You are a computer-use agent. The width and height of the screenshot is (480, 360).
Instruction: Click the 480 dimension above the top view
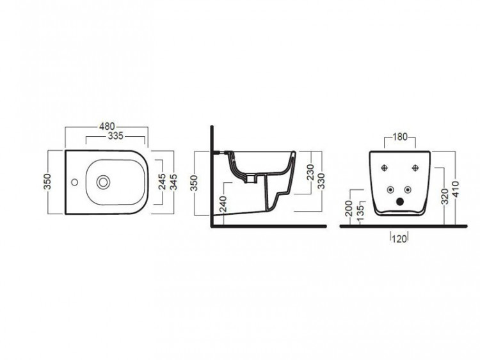point(107,126)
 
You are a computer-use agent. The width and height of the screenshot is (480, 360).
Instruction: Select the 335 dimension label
point(115,136)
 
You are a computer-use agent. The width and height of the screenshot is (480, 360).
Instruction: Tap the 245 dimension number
point(162,182)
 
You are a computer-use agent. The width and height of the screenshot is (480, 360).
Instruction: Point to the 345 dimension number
point(173,182)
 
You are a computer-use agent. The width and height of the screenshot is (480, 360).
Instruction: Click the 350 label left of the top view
point(47,182)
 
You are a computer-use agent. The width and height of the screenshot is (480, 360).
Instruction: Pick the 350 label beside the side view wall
point(195,183)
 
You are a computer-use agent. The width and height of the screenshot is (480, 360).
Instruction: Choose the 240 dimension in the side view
point(224,204)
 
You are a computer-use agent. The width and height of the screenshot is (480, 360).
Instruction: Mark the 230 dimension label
point(310,172)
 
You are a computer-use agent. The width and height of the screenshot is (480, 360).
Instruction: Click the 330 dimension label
point(321,181)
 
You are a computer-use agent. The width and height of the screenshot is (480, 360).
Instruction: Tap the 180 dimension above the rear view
point(400,137)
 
